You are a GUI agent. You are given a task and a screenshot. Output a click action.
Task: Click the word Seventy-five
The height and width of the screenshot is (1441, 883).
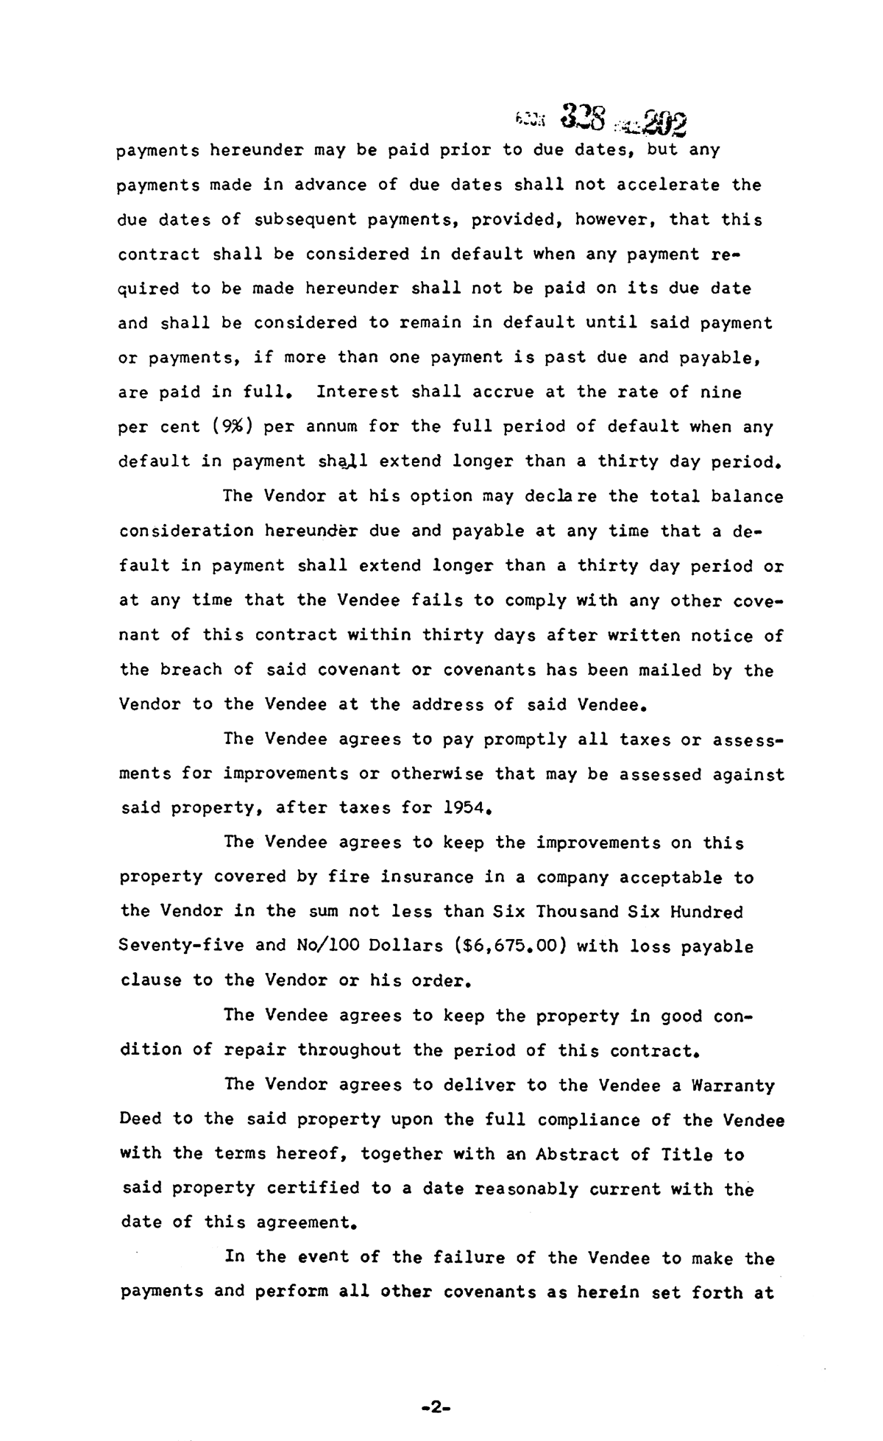(x=181, y=946)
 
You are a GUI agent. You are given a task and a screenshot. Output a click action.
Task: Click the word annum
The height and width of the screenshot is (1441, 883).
(x=327, y=427)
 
